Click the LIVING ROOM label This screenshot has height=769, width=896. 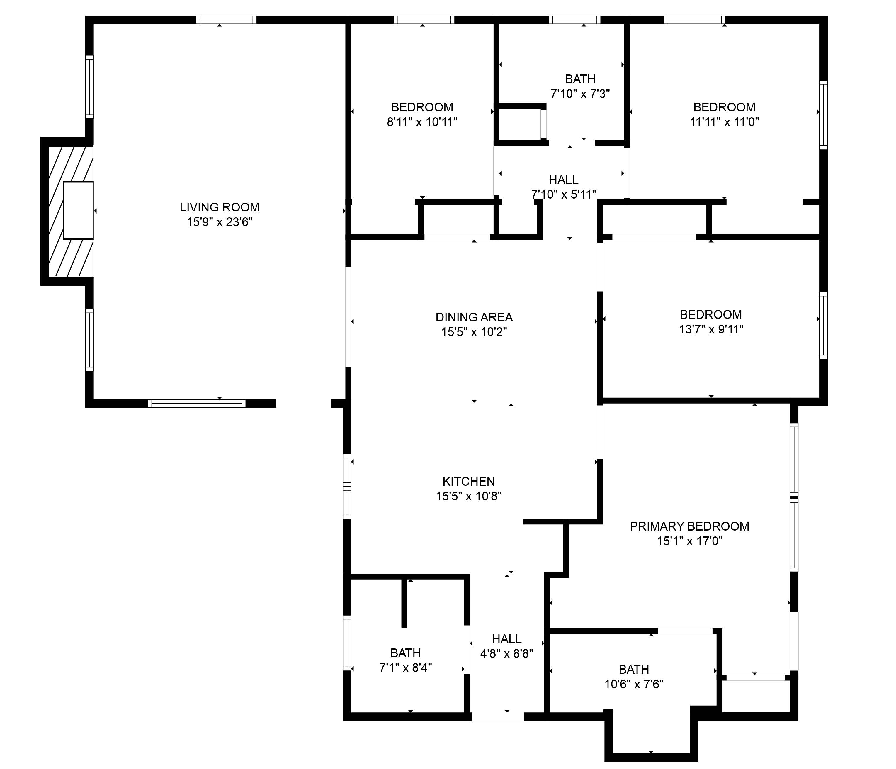(219, 207)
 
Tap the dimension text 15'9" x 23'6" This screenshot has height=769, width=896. (219, 222)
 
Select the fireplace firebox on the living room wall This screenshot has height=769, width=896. (78, 210)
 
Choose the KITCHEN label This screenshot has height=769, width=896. (468, 481)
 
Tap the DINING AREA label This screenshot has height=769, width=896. (474, 317)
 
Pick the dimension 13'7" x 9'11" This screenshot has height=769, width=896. (711, 329)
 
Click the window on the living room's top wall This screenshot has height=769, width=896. (226, 20)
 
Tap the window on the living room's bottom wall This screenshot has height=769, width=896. (197, 403)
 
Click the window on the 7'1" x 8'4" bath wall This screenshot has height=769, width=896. (347, 643)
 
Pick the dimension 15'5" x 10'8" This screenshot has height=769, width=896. (468, 496)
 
